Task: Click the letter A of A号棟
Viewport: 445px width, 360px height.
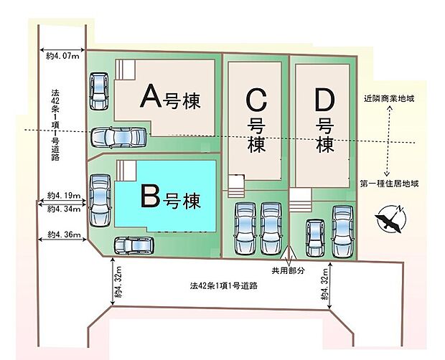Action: pos(151,98)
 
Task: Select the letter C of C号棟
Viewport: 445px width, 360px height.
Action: pos(256,100)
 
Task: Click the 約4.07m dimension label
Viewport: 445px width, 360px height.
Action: pos(62,56)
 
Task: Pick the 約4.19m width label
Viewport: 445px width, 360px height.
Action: pos(64,196)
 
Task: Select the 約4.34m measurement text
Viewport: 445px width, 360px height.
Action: pos(64,209)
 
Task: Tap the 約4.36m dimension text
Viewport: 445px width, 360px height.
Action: pos(64,235)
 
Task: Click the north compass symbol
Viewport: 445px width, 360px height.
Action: pos(390,219)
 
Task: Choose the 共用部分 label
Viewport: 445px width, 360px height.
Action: pos(289,270)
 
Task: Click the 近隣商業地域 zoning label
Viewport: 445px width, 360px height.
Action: pos(389,99)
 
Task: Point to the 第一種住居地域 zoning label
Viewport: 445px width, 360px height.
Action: pos(389,184)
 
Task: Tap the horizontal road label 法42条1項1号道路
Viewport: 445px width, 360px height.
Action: pos(224,285)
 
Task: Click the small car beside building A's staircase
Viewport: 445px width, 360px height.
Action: pos(99,91)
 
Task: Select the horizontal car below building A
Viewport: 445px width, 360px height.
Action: pos(118,138)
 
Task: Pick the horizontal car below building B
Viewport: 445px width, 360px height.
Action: pos(134,245)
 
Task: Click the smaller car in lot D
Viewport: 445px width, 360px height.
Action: pos(315,238)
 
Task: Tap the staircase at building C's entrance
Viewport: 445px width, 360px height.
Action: pos(236,186)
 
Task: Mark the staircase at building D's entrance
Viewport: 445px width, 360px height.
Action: pos(300,200)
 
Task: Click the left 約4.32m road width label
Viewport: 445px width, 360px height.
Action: pos(118,282)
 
